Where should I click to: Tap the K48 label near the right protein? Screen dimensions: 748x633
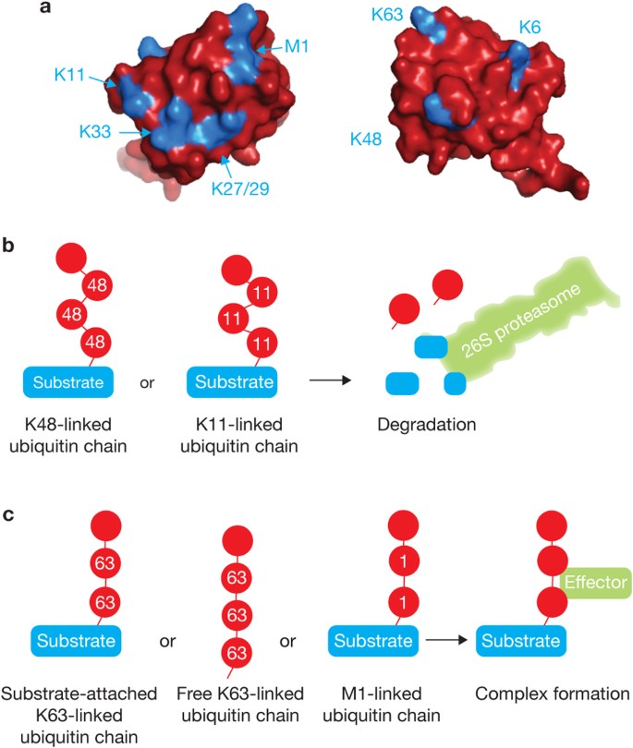[x=368, y=139]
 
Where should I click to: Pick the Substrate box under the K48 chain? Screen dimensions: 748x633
[x=71, y=380]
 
